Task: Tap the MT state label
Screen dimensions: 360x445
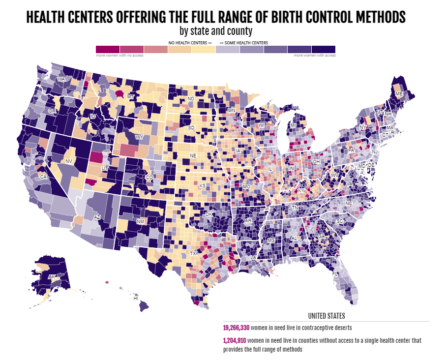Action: tap(130, 97)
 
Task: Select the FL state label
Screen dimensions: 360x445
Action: tap(335, 273)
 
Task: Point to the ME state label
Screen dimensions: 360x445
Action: tap(399, 93)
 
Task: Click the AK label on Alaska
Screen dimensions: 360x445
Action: tap(52, 277)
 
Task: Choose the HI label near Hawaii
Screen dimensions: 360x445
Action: tap(136, 298)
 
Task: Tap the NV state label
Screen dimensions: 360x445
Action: tap(69, 161)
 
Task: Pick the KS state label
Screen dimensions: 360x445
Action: tap(202, 186)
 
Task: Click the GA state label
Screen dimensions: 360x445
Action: tap(321, 237)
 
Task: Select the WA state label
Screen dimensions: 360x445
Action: tap(61, 79)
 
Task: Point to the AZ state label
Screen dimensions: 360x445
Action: tap(97, 217)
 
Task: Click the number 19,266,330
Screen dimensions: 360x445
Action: tap(236, 327)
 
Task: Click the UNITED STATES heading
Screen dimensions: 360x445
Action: tap(326, 316)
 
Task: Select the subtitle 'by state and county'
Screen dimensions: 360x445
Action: tap(216, 31)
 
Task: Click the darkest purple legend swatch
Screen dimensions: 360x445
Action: tap(324, 49)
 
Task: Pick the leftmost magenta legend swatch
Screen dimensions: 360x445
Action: tap(108, 49)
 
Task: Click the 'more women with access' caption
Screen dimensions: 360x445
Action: tap(315, 56)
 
